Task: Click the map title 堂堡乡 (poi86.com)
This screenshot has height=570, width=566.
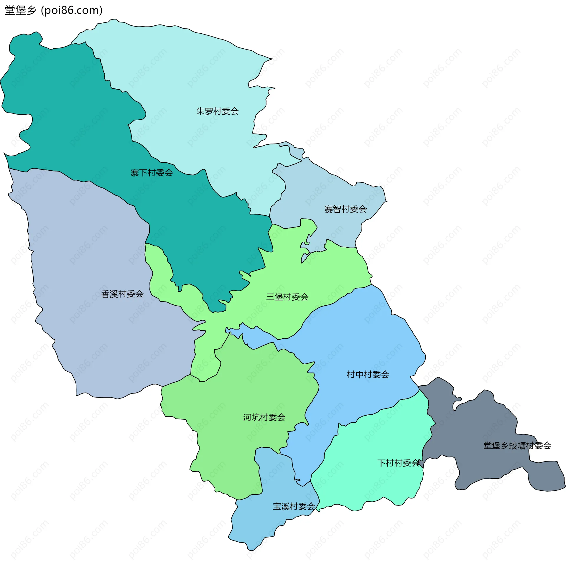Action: click(x=54, y=11)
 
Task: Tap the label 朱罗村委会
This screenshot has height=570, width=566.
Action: click(x=218, y=111)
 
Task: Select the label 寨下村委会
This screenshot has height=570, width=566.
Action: click(x=152, y=173)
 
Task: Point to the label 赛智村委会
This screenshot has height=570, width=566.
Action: click(x=345, y=209)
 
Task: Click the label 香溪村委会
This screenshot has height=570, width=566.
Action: click(x=122, y=294)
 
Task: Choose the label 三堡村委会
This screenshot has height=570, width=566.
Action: click(x=287, y=297)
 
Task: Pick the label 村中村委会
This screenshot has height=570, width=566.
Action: click(x=368, y=374)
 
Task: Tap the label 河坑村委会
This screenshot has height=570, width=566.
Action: click(x=264, y=417)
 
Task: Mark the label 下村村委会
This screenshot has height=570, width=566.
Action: click(x=398, y=463)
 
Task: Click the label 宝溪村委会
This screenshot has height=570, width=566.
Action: click(x=294, y=506)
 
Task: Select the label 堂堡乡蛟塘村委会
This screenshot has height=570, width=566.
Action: click(x=517, y=446)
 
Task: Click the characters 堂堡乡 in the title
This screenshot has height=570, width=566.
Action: click(x=20, y=11)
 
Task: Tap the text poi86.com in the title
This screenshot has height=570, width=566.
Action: click(x=72, y=11)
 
